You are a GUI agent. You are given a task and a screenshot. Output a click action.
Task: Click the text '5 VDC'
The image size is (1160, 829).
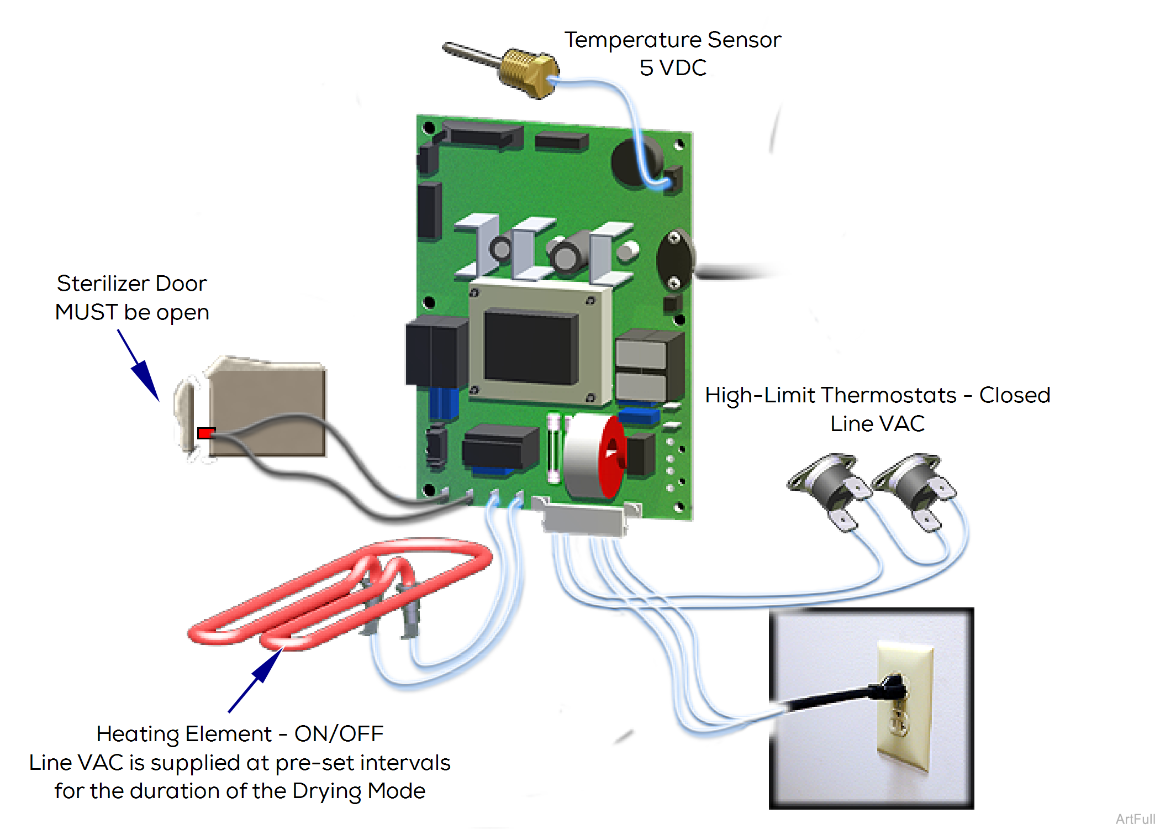coord(672,68)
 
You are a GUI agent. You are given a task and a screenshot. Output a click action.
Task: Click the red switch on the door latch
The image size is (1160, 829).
coord(205,433)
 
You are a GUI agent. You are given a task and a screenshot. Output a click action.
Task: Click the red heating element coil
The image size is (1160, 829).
coord(337,591)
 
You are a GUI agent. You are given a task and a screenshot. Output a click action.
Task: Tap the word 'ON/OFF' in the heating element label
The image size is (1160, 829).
coord(339,734)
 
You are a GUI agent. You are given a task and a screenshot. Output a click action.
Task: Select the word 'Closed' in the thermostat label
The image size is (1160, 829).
coord(1014,395)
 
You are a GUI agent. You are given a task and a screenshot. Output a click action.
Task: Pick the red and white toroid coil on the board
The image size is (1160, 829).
coord(594,456)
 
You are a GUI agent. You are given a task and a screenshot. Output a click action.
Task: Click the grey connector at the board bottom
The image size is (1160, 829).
coord(586,520)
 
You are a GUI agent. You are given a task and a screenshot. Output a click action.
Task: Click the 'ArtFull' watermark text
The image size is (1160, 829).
coord(1135,819)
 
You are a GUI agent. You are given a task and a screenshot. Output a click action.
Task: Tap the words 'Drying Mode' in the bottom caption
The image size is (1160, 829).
coord(358,791)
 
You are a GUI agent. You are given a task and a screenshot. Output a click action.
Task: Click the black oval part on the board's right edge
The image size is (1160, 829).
coord(674,260)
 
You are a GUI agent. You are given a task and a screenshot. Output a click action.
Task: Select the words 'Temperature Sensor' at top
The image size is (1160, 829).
coord(672,40)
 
